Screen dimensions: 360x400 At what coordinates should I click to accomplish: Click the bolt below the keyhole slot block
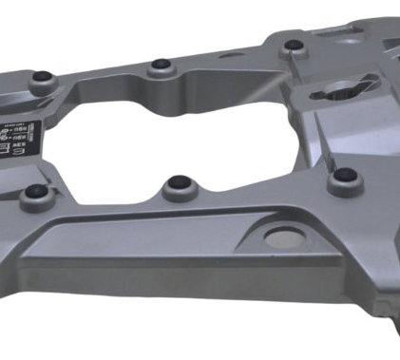pos(346,176)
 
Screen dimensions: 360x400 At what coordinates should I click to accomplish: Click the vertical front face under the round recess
pos(285,285)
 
